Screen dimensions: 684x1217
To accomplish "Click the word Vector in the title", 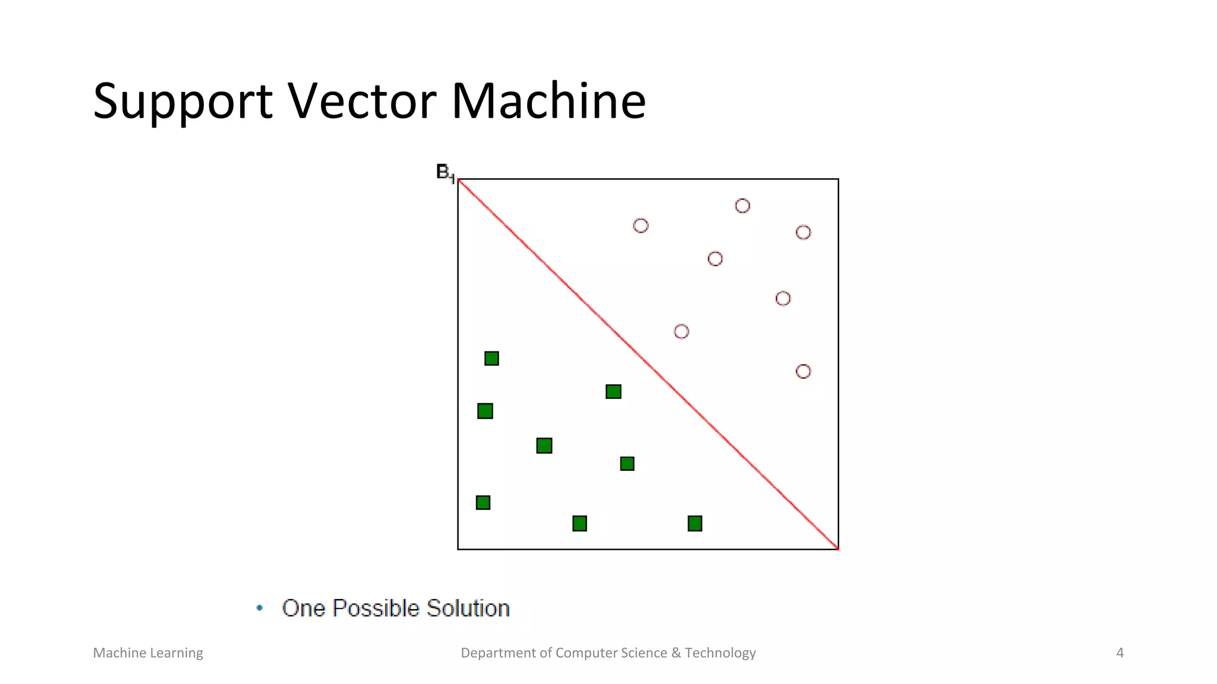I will click(x=362, y=102).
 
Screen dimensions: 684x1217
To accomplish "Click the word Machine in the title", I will click(x=548, y=102).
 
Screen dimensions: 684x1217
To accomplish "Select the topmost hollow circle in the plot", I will click(x=742, y=206).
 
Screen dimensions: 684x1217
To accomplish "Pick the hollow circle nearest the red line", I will click(x=681, y=331).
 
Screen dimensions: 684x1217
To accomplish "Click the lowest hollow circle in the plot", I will click(x=803, y=372).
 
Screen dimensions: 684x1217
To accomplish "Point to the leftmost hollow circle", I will click(x=641, y=226).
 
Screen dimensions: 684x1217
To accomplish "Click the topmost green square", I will click(x=491, y=359).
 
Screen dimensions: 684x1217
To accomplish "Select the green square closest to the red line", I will click(x=613, y=392).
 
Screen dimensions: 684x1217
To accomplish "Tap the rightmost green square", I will click(x=695, y=524).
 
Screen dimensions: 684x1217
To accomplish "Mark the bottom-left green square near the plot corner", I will click(x=483, y=503).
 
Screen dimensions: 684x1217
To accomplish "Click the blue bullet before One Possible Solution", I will click(x=260, y=607).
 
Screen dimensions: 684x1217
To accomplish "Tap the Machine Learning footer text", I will click(x=148, y=653).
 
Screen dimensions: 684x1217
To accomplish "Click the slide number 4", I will click(x=1120, y=653).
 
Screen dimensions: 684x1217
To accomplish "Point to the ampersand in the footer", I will click(x=676, y=653).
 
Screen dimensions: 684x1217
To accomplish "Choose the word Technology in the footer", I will click(x=720, y=653).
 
